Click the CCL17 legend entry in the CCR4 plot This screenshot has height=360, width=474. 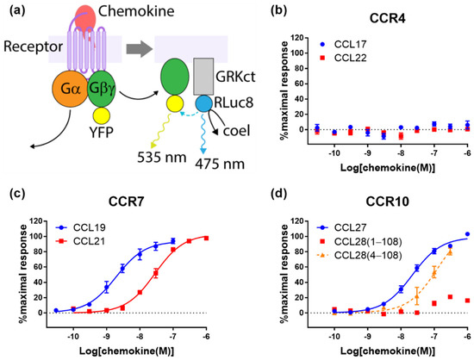pos(341,41)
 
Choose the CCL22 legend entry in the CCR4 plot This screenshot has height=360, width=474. pos(341,54)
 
